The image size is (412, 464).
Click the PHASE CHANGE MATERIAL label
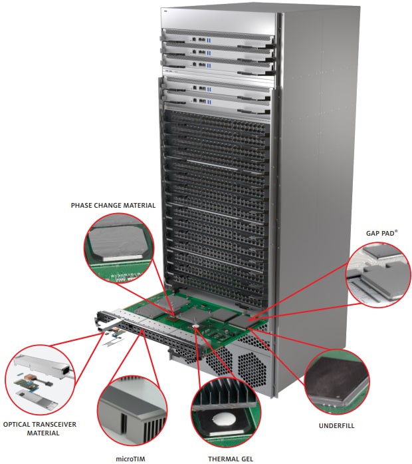(113, 206)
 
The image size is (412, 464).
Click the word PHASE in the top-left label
(84, 206)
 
